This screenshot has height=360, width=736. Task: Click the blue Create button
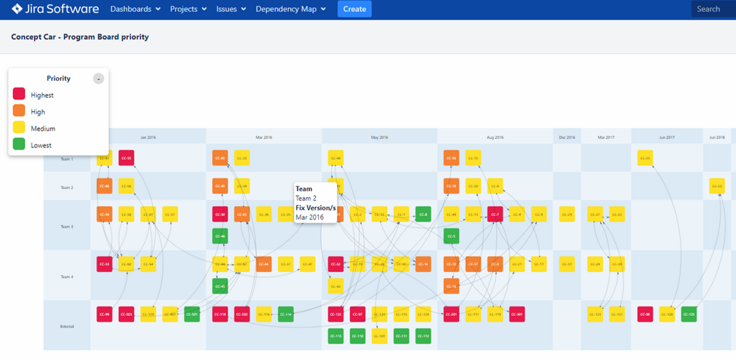(x=354, y=9)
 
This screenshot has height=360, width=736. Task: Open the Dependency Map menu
(x=290, y=9)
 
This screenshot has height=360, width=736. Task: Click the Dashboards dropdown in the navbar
(x=135, y=9)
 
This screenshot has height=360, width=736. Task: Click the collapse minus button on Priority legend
(x=98, y=78)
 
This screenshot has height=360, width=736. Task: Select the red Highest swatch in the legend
(x=19, y=94)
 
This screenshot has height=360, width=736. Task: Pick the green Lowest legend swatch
(x=19, y=144)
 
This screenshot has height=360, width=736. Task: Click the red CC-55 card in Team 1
(x=126, y=158)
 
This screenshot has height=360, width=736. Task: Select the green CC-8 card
(x=423, y=214)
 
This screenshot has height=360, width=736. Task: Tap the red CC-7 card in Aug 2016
(x=495, y=214)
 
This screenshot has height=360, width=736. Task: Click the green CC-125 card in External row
(x=688, y=314)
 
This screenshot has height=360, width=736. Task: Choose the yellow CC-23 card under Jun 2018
(x=716, y=186)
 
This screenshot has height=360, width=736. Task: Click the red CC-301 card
(x=517, y=314)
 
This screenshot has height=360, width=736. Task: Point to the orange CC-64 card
(x=264, y=264)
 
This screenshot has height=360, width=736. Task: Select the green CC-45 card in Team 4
(x=220, y=286)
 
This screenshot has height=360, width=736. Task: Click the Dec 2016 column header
(x=567, y=137)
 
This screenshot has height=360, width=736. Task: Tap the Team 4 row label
(x=67, y=276)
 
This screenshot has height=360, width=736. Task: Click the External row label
(x=67, y=326)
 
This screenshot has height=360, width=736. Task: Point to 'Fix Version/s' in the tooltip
(x=315, y=208)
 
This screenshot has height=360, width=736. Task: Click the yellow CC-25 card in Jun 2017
(x=645, y=158)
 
